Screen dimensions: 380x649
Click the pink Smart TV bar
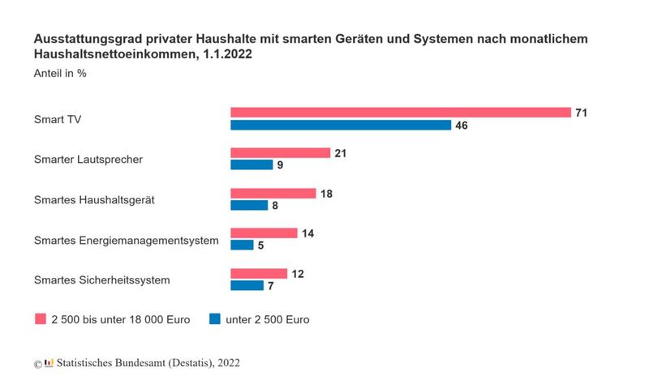tap(400, 112)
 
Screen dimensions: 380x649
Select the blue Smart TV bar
tap(341, 125)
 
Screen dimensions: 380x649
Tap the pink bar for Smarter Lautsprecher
tap(280, 152)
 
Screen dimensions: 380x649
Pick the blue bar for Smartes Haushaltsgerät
tap(249, 205)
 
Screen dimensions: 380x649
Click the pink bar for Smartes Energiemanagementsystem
tap(264, 233)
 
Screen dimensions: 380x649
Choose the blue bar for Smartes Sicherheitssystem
tap(247, 285)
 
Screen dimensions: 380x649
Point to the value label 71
tap(581, 113)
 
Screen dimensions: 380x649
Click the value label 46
tap(462, 126)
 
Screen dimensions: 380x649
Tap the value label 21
tap(341, 153)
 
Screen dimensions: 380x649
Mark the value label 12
tap(298, 274)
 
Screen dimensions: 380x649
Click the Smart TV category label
tap(58, 119)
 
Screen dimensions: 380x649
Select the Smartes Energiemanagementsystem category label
tap(127, 240)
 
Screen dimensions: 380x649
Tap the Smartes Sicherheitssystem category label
tap(101, 280)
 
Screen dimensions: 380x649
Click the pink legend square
tap(40, 319)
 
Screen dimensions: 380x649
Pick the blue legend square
tap(216, 319)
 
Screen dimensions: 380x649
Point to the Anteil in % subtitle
tap(60, 73)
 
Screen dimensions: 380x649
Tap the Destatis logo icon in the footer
tap(49, 363)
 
